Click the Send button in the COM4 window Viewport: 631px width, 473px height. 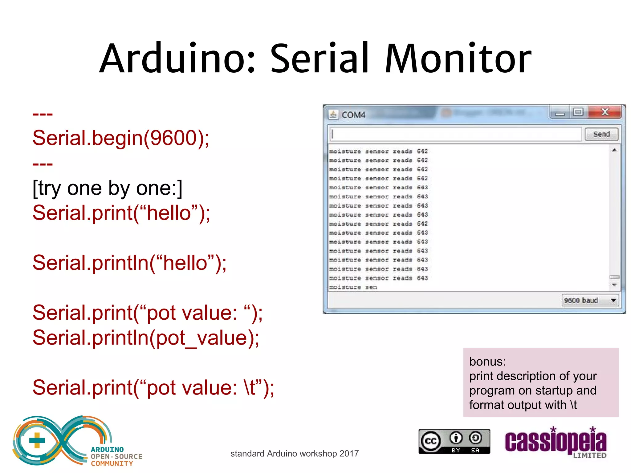601,134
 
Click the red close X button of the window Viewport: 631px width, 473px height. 605,112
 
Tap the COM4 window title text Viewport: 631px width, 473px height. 353,115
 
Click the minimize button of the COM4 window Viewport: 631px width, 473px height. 560,113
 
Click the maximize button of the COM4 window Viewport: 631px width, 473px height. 578,112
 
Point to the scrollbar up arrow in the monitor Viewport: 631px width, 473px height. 614,150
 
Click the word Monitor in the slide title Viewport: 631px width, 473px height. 458,59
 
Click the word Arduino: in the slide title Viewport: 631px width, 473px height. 177,59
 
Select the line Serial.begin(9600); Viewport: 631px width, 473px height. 121,138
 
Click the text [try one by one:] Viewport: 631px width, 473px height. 108,188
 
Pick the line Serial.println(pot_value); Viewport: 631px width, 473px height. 146,338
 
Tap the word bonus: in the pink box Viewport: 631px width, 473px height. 487,362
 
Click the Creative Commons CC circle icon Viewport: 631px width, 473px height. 431,441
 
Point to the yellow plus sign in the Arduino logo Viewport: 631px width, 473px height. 37,440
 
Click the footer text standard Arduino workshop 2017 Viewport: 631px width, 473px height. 294,454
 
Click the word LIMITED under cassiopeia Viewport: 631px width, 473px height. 589,455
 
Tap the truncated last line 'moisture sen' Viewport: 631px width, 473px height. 353,287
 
